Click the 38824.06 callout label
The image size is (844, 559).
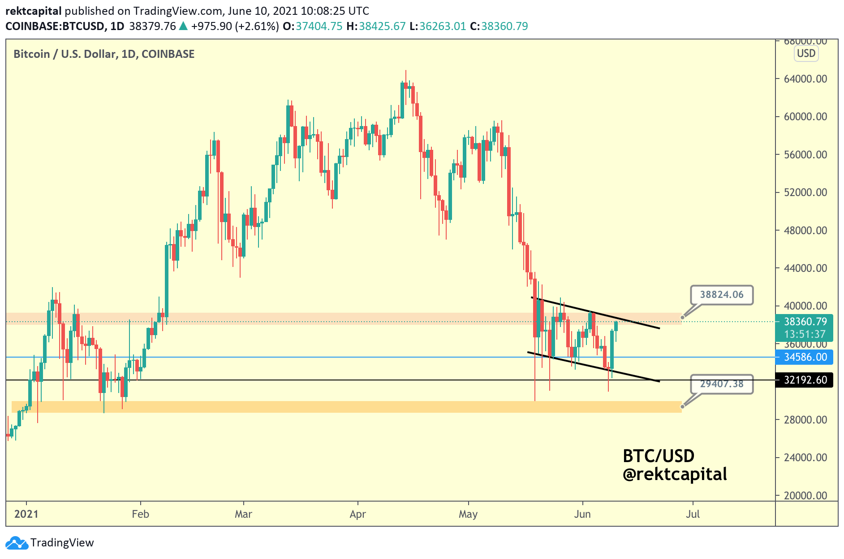point(721,295)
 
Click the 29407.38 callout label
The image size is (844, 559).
point(721,384)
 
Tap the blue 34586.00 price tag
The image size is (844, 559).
point(805,357)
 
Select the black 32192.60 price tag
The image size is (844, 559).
point(805,380)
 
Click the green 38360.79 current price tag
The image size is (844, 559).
point(805,322)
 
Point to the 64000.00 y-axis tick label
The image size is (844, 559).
point(805,79)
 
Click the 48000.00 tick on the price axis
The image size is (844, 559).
point(805,231)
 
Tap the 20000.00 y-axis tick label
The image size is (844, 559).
point(805,496)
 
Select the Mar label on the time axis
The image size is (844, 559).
point(243,514)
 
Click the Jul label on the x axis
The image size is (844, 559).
point(693,514)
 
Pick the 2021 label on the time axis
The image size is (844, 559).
point(26,514)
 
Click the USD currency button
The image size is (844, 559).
point(806,54)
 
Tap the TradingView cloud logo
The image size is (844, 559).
point(17,543)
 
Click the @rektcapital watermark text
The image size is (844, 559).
point(675,475)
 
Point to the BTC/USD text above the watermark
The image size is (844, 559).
point(659,456)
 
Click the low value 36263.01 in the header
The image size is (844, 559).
point(443,26)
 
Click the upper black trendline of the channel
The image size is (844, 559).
point(596,313)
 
